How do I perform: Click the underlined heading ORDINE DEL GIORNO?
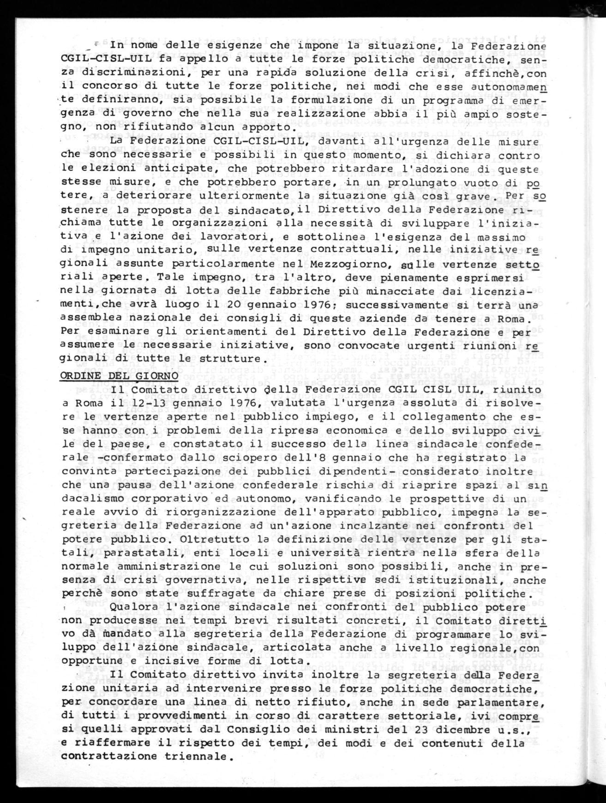[119, 375]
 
